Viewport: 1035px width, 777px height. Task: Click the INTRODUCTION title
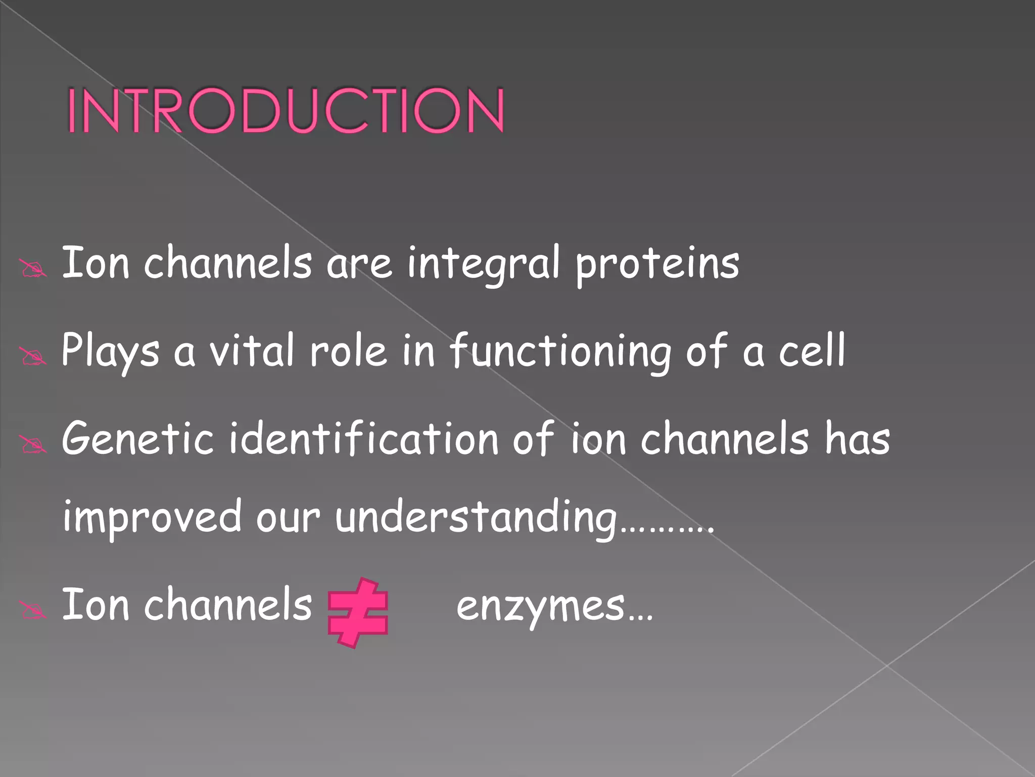(x=286, y=110)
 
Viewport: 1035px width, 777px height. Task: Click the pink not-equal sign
(x=358, y=613)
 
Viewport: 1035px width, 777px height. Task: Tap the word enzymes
(x=541, y=606)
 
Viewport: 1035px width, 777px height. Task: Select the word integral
(x=484, y=263)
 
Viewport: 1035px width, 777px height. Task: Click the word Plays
(x=110, y=351)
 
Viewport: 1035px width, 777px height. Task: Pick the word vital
(x=251, y=350)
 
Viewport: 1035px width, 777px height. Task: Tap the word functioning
(x=560, y=351)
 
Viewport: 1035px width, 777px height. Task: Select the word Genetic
(x=137, y=438)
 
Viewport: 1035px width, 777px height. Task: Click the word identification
(x=364, y=438)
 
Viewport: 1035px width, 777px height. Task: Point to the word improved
(x=152, y=517)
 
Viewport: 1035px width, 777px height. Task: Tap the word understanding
(x=475, y=517)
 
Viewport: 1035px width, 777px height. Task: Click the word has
(x=857, y=438)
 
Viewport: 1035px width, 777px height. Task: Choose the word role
(x=348, y=350)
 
